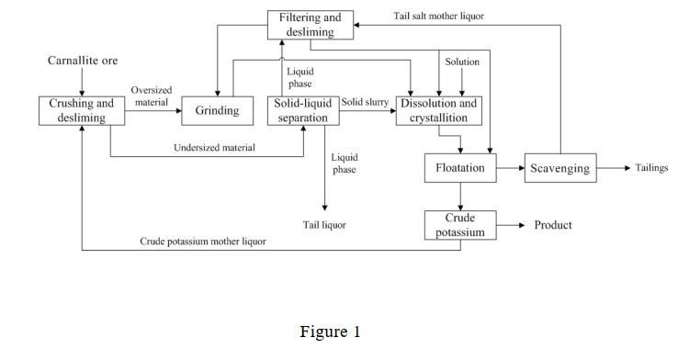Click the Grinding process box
tap(217, 110)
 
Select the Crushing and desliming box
tap(82, 110)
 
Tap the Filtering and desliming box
tap(311, 25)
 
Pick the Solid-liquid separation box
tap(303, 110)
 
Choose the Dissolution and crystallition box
tap(438, 110)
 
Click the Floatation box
tap(460, 168)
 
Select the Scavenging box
tap(560, 168)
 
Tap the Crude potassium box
tap(460, 225)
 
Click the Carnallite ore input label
tap(83, 61)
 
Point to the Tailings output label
tap(651, 168)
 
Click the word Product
tap(553, 225)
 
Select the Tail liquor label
tap(324, 225)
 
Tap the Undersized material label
tap(214, 148)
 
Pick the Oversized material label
tap(152, 96)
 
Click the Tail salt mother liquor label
tap(438, 17)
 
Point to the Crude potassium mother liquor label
tap(203, 242)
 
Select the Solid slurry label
tap(365, 102)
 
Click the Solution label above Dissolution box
tap(462, 62)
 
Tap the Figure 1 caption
tap(330, 332)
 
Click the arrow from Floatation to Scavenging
tap(511, 168)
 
